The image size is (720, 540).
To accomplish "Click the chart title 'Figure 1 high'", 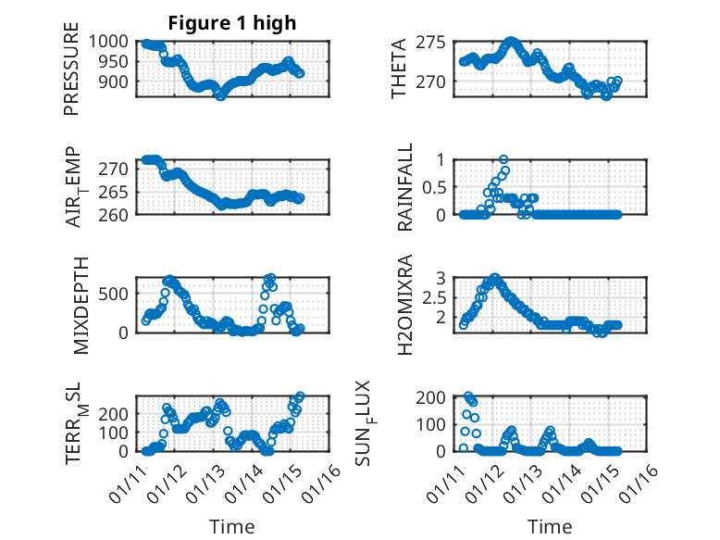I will tap(232, 23).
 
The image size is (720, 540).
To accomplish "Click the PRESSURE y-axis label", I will tap(71, 74).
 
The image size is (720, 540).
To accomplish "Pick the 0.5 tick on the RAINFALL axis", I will tap(437, 187).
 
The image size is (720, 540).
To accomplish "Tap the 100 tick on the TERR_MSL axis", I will tap(117, 433).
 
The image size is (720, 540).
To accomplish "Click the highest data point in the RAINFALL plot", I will tap(503, 159).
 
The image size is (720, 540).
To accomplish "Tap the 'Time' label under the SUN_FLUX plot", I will tap(550, 527).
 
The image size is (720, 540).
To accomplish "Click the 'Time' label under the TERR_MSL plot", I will tap(231, 527).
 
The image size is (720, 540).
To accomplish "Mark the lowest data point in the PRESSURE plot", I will tap(220, 94).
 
